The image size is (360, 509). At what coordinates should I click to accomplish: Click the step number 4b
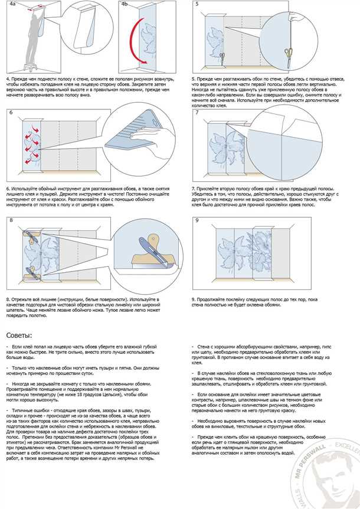pos(125,4)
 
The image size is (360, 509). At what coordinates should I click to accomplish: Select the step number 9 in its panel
pos(197,220)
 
